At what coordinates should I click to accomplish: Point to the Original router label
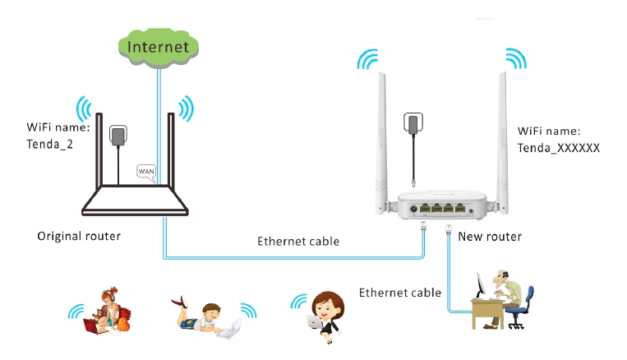point(79,236)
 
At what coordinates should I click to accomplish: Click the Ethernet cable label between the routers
point(297,242)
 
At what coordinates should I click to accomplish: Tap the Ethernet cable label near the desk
point(400,292)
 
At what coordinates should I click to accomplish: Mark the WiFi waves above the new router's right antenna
point(515,59)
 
